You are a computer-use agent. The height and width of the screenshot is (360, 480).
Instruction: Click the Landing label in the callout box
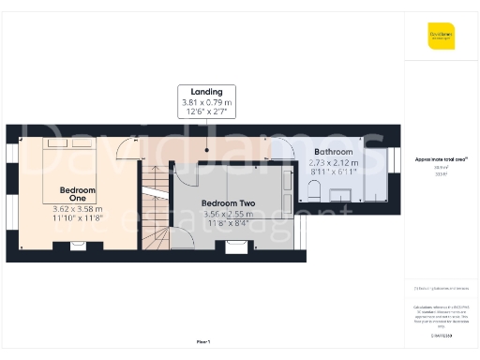pyautogui.click(x=206, y=92)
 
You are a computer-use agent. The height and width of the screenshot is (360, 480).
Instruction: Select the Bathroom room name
pyautogui.click(x=333, y=152)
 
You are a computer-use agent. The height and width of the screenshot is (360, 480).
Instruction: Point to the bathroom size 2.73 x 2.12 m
pyautogui.click(x=334, y=161)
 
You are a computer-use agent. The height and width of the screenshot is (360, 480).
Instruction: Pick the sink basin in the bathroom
pyautogui.click(x=341, y=194)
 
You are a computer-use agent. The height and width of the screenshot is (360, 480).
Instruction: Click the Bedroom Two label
pyautogui.click(x=228, y=203)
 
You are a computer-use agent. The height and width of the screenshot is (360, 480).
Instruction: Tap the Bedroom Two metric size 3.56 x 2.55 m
pyautogui.click(x=229, y=214)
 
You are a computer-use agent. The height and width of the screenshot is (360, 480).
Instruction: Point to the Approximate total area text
pyautogui.click(x=442, y=159)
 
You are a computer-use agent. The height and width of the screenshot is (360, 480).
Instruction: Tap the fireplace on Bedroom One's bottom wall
pyautogui.click(x=78, y=247)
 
